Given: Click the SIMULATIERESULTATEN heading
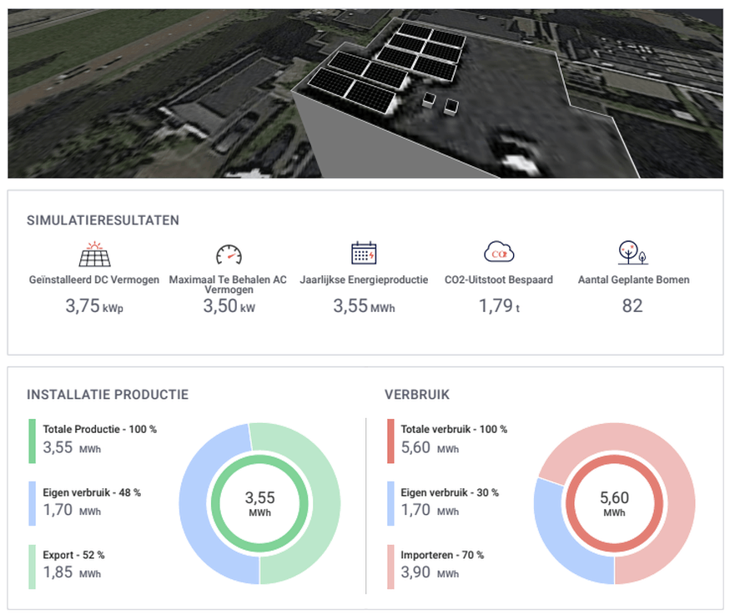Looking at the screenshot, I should point(103,220).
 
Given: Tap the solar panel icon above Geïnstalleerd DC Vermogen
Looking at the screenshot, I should point(95,254).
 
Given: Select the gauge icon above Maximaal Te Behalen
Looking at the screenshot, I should point(228,255).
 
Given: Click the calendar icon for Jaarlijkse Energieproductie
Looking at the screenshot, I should point(364,254).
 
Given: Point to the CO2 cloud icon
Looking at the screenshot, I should point(500,253).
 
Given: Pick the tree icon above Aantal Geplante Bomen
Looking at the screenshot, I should point(632,254).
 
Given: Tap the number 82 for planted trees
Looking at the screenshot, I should point(632,306).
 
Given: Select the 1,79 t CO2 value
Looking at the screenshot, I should point(500,306).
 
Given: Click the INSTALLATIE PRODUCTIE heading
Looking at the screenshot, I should point(108,395).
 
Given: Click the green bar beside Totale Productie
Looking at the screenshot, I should point(32,441).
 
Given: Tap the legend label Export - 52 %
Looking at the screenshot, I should point(73,555).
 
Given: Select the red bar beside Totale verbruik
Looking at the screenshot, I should point(390,441).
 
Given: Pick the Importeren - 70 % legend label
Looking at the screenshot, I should point(442,555).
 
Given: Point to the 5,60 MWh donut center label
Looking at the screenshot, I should point(615,503).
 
